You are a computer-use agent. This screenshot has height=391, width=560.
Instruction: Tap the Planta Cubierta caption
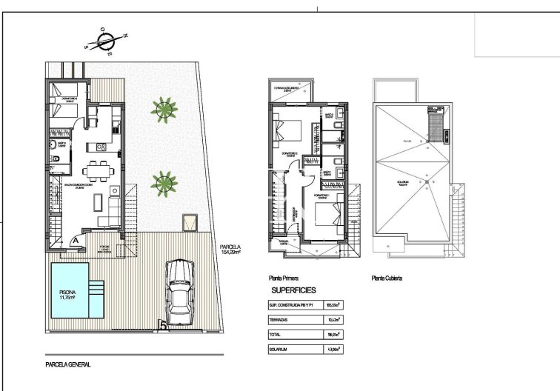click(x=387, y=279)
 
